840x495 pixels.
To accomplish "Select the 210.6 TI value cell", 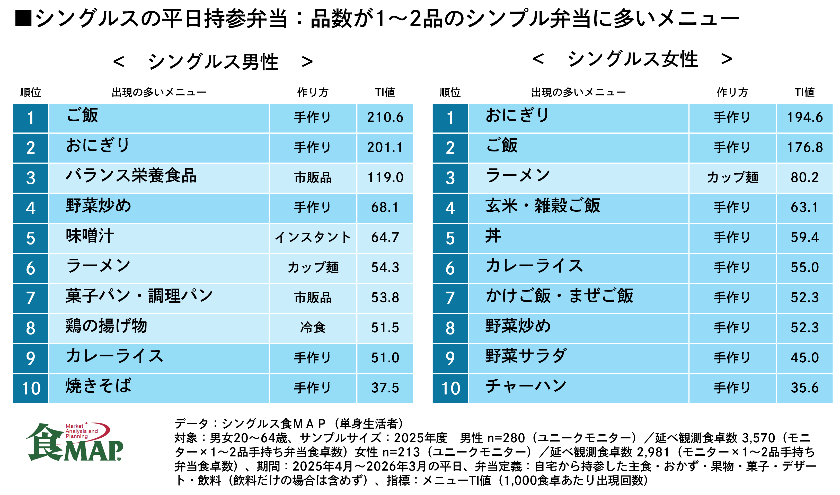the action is [x=385, y=118].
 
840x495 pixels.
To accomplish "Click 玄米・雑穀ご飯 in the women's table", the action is [x=543, y=205].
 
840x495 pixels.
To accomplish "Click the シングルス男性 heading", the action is [x=213, y=62].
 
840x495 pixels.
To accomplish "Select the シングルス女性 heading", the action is [x=633, y=59].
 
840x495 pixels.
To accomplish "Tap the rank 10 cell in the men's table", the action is [x=31, y=388].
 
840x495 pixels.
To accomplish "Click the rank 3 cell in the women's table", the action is [x=450, y=178].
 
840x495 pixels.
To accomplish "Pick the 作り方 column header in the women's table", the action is [x=732, y=92].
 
